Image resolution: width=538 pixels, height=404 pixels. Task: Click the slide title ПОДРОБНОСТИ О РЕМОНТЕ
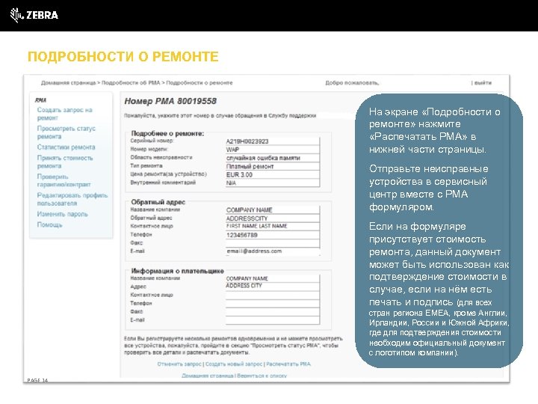(x=123, y=57)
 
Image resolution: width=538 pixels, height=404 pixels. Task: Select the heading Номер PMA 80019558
(x=170, y=101)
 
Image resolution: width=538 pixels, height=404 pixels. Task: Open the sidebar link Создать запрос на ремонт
(x=64, y=114)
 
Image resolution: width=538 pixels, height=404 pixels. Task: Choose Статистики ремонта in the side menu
(x=66, y=147)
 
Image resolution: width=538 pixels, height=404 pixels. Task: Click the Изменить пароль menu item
(x=62, y=214)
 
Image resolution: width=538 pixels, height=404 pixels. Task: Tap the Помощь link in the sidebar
(x=50, y=224)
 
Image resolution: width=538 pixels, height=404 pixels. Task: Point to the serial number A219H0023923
(x=247, y=141)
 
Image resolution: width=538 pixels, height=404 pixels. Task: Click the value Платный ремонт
(x=250, y=166)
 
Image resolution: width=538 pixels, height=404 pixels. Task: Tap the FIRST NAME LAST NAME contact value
(x=256, y=226)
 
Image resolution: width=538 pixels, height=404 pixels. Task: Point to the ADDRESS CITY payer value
(x=244, y=286)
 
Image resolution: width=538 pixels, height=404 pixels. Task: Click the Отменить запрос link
(x=179, y=364)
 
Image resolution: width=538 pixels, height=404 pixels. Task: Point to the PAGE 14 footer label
(x=37, y=381)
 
